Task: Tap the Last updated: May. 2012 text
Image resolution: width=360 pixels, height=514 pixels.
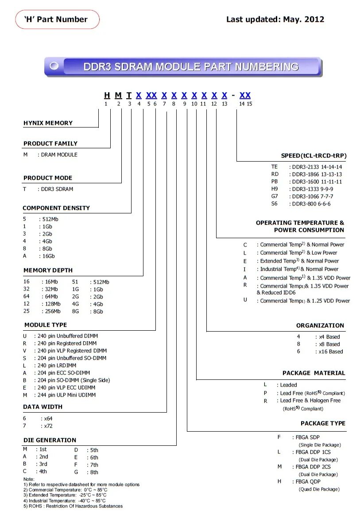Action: coord(275,19)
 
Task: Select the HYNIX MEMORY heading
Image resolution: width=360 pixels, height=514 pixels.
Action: coord(48,123)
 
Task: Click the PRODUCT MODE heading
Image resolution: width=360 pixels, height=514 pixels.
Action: coord(48,178)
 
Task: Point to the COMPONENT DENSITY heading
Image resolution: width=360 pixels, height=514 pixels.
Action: coord(56,208)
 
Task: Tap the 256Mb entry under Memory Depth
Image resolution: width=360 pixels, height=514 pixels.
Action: coord(51,311)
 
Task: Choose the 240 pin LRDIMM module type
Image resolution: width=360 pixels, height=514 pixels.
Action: coord(57,365)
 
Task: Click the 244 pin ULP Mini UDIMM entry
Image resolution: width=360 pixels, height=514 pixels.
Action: coord(66,395)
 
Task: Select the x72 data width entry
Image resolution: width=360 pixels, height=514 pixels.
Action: coord(47,426)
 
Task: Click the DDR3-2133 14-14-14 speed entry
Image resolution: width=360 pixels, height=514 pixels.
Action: coord(317,167)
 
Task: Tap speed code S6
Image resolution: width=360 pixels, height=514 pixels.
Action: coord(275,204)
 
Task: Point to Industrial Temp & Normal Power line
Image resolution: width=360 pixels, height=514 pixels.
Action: coord(299,269)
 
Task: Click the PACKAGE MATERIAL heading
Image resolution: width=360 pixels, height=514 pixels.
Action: coord(314,373)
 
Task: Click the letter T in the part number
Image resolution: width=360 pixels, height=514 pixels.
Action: coord(129,95)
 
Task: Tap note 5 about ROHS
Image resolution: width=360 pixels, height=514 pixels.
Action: coord(73,506)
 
